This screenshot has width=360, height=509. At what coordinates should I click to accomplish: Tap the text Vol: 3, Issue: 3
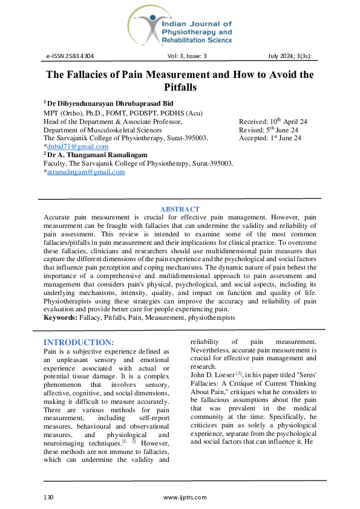(187, 56)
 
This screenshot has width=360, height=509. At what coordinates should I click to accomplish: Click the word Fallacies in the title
(102, 75)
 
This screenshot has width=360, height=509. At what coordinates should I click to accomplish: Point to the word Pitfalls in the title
(180, 88)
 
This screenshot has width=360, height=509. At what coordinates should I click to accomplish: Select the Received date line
(273, 122)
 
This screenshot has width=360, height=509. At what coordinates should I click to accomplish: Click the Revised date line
(269, 130)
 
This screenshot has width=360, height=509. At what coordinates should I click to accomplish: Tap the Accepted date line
(270, 138)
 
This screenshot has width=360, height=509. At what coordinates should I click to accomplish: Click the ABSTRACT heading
(180, 209)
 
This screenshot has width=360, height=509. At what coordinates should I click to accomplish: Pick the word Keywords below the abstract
(60, 317)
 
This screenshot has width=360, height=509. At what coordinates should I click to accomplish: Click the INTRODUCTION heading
(79, 342)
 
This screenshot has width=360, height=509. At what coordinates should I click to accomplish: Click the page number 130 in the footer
(49, 497)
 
